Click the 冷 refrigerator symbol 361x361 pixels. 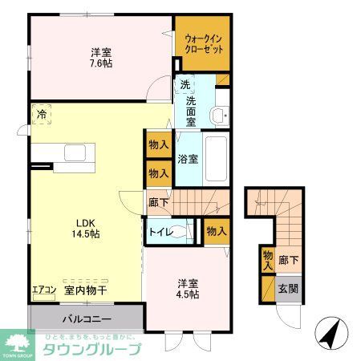(41, 115)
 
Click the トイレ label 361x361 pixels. (158, 232)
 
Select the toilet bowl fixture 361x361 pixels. (184, 232)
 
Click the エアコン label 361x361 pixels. (43, 291)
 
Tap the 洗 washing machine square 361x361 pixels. (185, 85)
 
